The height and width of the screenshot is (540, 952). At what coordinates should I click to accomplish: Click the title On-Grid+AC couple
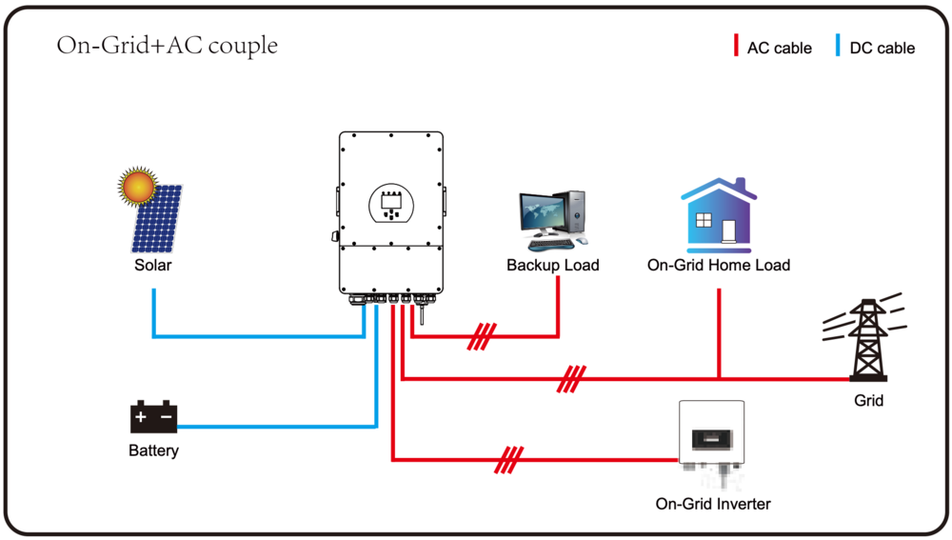click(x=168, y=45)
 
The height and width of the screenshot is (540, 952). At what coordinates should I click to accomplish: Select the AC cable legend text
click(x=779, y=48)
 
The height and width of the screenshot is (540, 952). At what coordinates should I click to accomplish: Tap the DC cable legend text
click(x=882, y=48)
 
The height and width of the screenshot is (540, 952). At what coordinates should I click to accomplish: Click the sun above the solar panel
click(x=137, y=185)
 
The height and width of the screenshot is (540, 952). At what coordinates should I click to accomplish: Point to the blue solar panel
click(x=159, y=219)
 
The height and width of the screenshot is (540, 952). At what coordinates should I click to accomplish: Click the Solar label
click(x=152, y=265)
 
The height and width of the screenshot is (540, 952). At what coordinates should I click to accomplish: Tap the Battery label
click(x=153, y=450)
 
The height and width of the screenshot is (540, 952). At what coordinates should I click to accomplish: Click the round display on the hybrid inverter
click(x=390, y=202)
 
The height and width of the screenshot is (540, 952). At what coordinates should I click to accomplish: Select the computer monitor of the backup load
click(x=543, y=214)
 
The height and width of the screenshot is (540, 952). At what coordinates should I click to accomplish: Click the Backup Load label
click(x=553, y=265)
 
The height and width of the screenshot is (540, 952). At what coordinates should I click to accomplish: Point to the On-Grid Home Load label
click(x=719, y=265)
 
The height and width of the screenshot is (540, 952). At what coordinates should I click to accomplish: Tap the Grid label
click(x=868, y=401)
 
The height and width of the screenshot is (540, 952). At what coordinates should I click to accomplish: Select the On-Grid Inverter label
click(x=713, y=504)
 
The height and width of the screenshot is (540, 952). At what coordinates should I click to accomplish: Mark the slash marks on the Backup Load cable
click(x=483, y=336)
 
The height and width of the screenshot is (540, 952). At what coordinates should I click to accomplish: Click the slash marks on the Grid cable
click(x=571, y=379)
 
